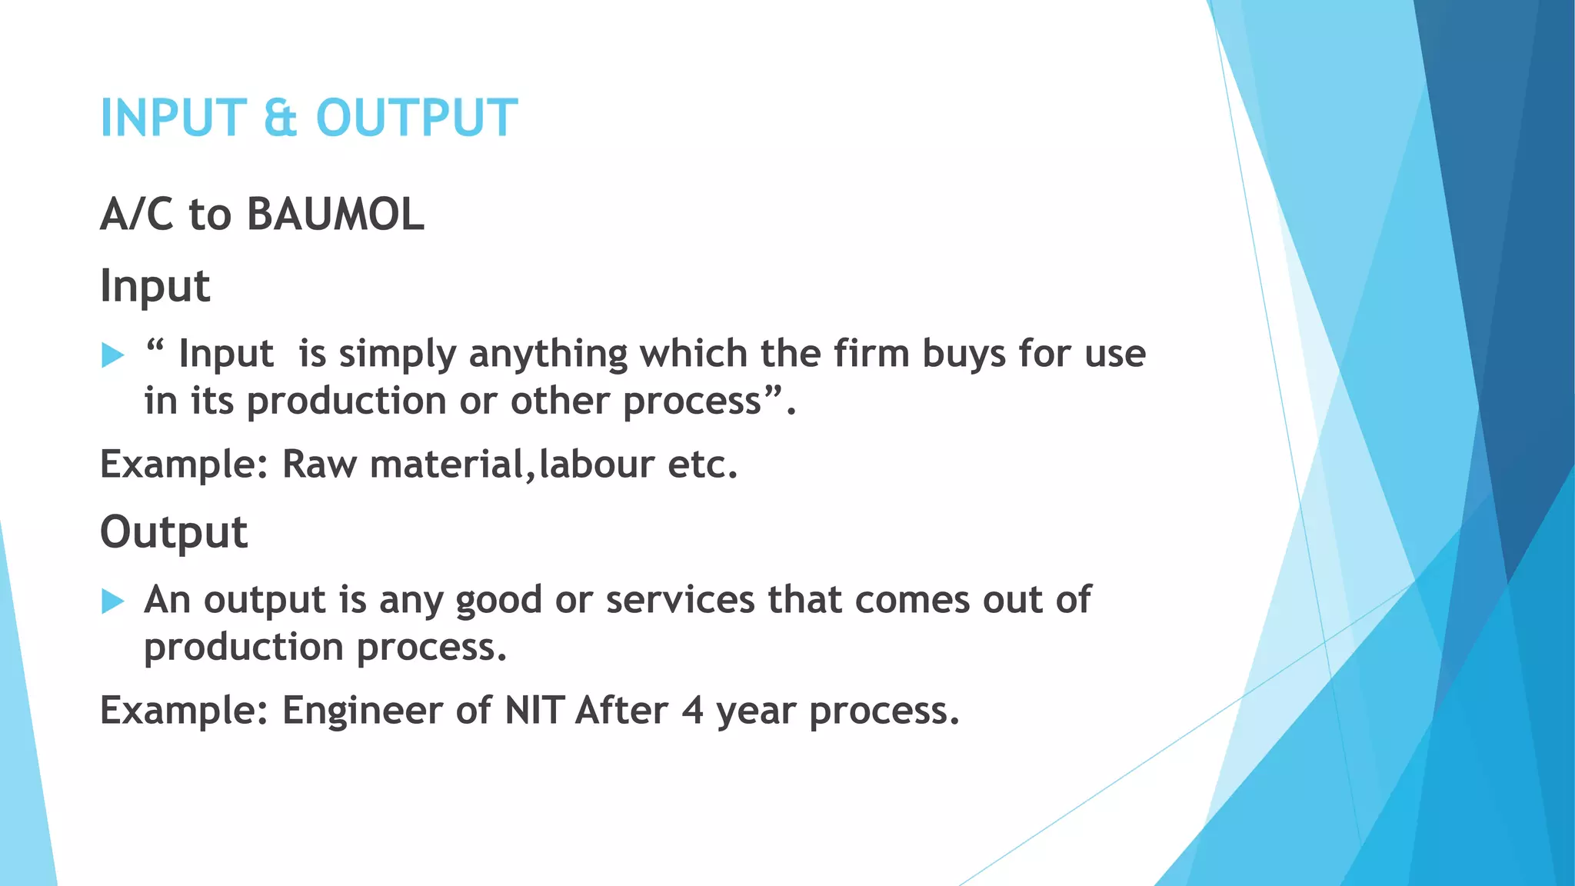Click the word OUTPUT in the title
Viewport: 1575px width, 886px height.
(417, 118)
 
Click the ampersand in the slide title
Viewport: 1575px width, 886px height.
(280, 118)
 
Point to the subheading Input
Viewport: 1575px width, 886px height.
(155, 286)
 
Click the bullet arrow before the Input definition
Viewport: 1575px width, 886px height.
(112, 355)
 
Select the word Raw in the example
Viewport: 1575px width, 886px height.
(319, 465)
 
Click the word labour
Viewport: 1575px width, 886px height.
(597, 465)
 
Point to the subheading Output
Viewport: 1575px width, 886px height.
(174, 532)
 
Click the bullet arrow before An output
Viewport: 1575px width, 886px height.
(112, 601)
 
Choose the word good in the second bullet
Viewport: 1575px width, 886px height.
(498, 601)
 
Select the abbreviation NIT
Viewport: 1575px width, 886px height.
(534, 710)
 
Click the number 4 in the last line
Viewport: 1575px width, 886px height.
(692, 710)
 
